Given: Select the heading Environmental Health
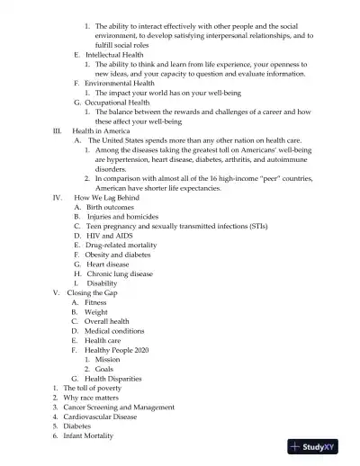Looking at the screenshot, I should click(120, 83).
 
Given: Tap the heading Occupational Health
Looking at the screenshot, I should click(118, 103).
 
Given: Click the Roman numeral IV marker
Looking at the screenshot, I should click(57, 197).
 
